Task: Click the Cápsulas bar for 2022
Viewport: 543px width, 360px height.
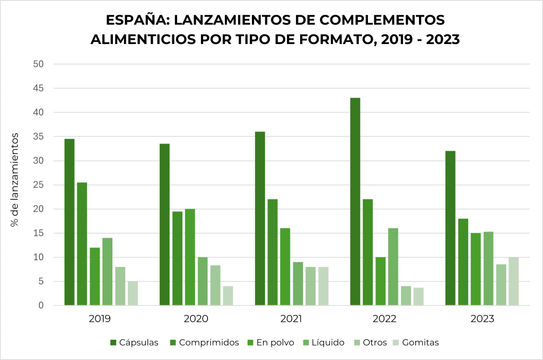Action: click(x=355, y=201)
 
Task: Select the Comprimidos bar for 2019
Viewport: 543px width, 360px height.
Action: click(x=82, y=244)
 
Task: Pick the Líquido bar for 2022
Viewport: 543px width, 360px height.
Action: click(x=393, y=267)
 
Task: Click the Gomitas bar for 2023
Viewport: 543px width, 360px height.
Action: click(x=513, y=281)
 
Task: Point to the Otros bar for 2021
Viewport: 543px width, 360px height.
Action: click(x=310, y=286)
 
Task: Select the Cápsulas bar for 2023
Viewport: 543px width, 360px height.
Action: click(x=450, y=228)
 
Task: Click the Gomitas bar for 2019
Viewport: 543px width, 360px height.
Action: click(x=133, y=293)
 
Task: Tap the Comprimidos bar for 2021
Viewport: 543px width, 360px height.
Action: click(x=273, y=252)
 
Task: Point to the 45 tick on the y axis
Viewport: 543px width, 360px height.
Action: click(x=38, y=88)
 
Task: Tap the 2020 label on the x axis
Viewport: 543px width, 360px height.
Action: click(x=196, y=319)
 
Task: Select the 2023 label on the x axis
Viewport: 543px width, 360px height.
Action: click(x=482, y=319)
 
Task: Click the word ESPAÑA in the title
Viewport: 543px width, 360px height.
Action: click(x=135, y=20)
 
